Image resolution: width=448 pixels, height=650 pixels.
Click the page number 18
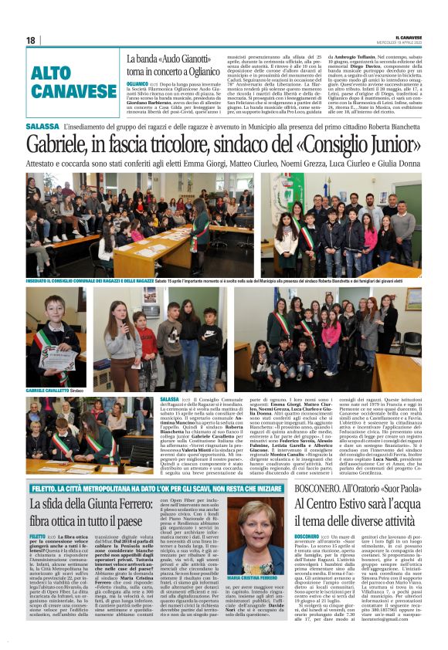click(31, 40)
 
